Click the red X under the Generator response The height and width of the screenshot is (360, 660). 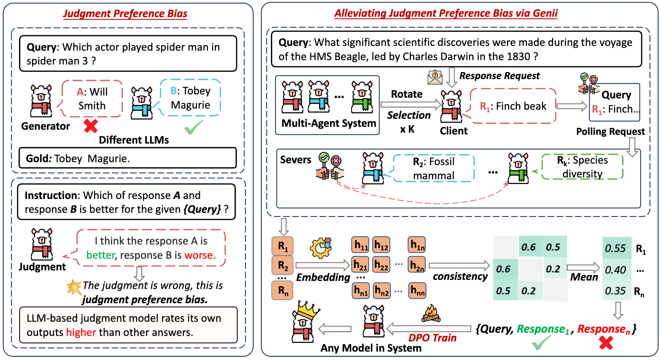tap(91, 126)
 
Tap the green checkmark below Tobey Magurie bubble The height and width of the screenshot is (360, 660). tap(193, 128)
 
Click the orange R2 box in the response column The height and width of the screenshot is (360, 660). tap(283, 265)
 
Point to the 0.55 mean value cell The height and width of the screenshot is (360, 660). tap(616, 249)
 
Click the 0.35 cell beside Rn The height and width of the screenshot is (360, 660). tap(616, 291)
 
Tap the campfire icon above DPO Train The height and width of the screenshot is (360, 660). tap(431, 314)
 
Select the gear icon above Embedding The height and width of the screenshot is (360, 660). tap(321, 248)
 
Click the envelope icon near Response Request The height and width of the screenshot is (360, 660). tap(435, 77)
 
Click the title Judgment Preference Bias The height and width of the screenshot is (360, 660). tap(125, 14)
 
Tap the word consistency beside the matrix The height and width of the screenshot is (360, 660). tap(460, 277)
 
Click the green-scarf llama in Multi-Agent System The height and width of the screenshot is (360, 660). tap(362, 97)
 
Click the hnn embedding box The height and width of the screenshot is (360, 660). tap(417, 290)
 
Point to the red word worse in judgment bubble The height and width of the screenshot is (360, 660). tap(200, 255)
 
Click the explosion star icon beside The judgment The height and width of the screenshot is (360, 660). tap(74, 287)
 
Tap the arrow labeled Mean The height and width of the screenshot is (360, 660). tap(583, 268)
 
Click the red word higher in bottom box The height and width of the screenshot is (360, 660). tap(81, 332)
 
